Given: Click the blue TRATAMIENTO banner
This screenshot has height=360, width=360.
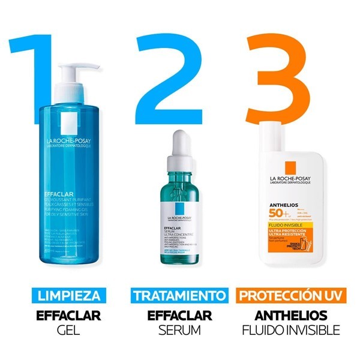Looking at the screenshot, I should [180, 296].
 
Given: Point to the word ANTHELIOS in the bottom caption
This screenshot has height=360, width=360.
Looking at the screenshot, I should [290, 314].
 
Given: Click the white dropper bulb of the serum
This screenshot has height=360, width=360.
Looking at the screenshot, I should [179, 142].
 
